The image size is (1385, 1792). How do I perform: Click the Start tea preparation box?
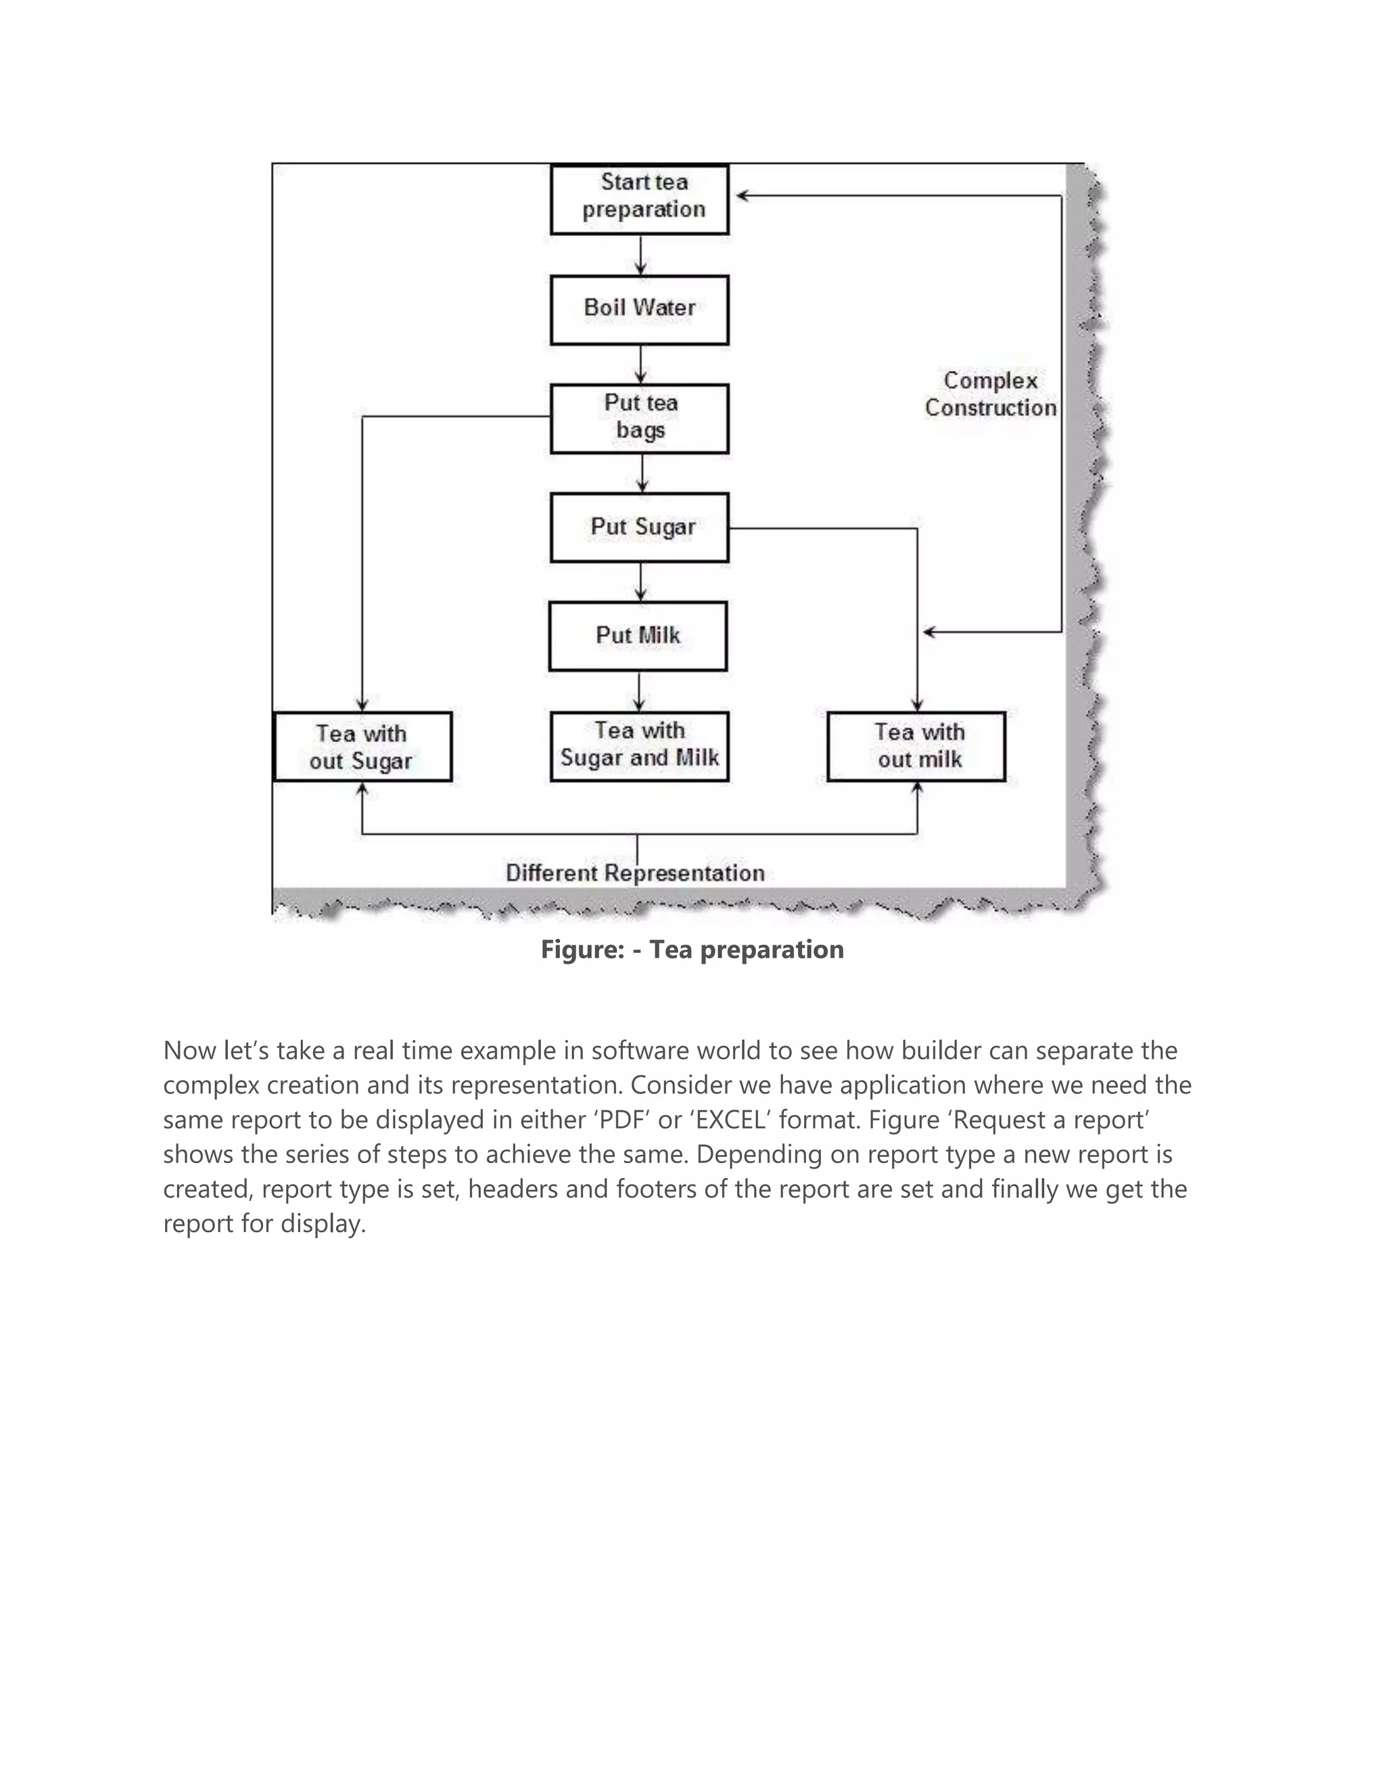pos(640,199)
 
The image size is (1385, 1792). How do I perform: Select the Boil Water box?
pos(640,309)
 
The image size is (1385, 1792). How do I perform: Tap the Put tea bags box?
pos(640,418)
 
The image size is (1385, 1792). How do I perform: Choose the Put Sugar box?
pos(640,527)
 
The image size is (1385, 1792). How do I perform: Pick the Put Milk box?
pos(638,636)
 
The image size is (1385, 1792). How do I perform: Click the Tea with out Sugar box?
pos(362,747)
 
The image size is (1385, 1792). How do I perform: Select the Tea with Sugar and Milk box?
pos(640,745)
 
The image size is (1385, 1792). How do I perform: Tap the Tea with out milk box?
pos(916,746)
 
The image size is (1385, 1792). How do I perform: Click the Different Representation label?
pos(635,873)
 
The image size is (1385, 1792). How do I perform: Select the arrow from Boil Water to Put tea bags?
pos(641,364)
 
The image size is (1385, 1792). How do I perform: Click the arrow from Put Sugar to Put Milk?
pos(641,582)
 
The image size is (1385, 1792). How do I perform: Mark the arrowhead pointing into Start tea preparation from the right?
pos(742,196)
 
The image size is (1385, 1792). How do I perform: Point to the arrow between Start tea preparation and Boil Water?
pos(641,254)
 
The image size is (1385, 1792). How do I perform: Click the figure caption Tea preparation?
pos(692,949)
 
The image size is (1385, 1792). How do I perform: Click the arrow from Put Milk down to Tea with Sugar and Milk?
pos(639,691)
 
